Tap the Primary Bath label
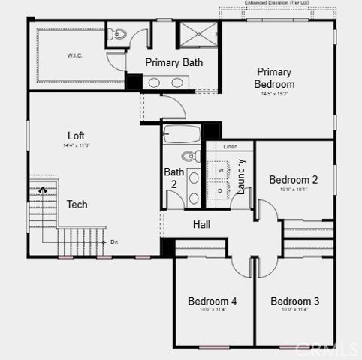[x=173, y=62]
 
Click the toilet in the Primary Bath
[x=118, y=34]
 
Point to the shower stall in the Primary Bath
[x=197, y=35]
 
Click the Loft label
[x=76, y=136]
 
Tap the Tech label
[x=77, y=204]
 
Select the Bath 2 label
[x=173, y=178]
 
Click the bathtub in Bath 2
[x=182, y=136]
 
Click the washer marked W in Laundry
[x=221, y=170]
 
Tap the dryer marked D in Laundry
[x=221, y=190]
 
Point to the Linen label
[x=230, y=146]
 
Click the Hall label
[x=201, y=224]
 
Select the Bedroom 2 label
[x=294, y=180]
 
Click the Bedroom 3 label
[x=294, y=301]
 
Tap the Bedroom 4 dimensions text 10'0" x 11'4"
[x=213, y=309]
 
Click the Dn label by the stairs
[x=114, y=241]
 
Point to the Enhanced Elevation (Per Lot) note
[x=279, y=4]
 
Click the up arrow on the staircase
[x=43, y=191]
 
